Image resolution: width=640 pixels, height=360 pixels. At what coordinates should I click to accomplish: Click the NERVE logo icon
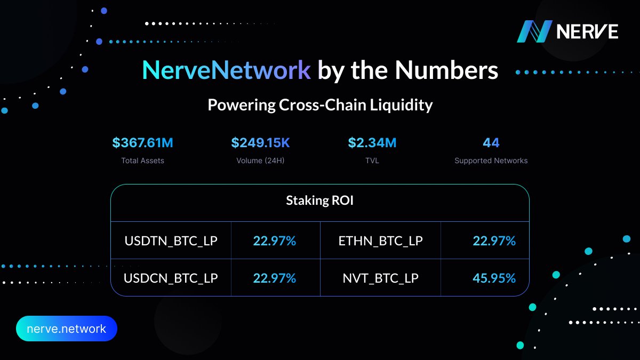pos(534,31)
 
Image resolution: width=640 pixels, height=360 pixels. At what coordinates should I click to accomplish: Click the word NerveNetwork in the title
pos(226,70)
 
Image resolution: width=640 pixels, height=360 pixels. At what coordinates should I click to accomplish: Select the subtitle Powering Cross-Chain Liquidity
pos(320,105)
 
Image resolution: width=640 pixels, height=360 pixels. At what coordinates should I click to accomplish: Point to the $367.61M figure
pos(142,143)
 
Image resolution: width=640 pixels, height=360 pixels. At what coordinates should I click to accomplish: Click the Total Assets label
pos(142,161)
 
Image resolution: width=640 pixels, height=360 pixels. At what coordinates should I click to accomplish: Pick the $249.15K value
pos(260,143)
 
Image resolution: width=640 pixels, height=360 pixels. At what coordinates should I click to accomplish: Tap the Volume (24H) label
pos(260,161)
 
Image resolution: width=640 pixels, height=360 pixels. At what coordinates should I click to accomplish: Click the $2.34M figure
pos(372,143)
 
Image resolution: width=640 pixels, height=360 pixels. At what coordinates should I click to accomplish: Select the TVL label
pos(372,161)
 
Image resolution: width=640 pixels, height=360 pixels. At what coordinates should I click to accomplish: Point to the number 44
pos(491,143)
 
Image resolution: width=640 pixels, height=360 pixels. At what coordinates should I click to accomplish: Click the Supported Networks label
pos(491,161)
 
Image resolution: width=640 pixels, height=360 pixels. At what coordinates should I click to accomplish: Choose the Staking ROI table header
pos(320,201)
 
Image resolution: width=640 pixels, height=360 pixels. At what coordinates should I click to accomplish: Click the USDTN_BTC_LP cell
pos(171,241)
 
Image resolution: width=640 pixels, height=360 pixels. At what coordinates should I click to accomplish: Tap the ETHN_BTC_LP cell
pos(380,241)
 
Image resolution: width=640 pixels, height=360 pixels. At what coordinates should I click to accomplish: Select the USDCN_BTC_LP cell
pos(171,278)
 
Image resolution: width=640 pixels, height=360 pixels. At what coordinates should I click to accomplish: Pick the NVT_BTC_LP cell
pos(380,278)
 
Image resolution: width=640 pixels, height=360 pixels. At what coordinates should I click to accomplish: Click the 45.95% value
pos(494,278)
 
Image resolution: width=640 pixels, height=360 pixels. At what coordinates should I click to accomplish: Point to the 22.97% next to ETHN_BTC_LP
pos(494,241)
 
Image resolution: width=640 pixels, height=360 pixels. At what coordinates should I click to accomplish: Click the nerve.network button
pos(66,329)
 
